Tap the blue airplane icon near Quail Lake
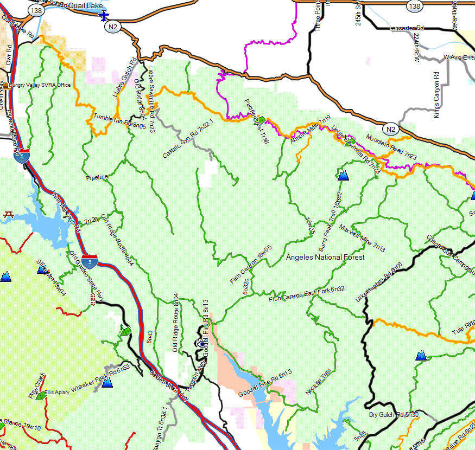(104, 16)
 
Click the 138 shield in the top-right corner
(415, 6)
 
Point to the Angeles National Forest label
(325, 258)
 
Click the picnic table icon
(8, 215)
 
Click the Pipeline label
(97, 177)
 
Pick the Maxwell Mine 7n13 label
(362, 239)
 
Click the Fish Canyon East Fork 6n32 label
(307, 295)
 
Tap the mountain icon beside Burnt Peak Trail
(343, 175)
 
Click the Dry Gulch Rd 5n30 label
(394, 415)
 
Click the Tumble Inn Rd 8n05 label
(119, 120)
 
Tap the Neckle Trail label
(318, 382)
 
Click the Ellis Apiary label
(57, 392)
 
